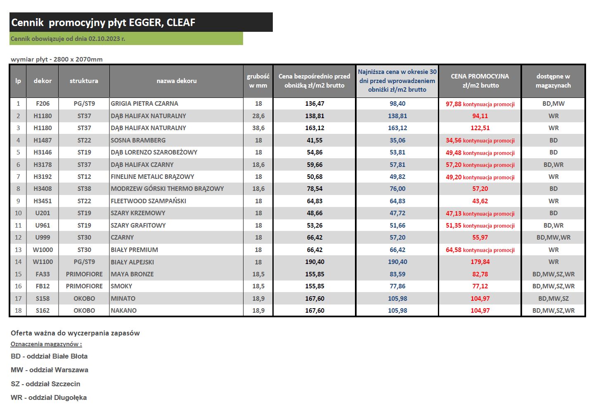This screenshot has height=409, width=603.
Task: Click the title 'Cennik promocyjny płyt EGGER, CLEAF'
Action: (103, 22)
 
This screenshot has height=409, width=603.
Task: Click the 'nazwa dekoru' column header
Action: (177, 81)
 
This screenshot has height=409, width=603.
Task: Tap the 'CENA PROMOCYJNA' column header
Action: (480, 76)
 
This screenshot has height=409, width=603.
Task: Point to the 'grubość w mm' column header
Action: (258, 81)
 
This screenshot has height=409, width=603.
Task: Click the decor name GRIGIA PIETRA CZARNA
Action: (144, 103)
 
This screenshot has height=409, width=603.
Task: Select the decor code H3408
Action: (43, 189)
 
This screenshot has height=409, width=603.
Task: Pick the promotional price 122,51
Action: (480, 128)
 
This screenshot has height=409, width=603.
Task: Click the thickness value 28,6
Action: (258, 116)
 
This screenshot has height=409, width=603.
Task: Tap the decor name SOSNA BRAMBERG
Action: (138, 140)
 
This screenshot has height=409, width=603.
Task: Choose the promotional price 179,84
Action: (480, 262)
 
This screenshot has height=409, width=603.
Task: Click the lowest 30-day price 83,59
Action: (397, 274)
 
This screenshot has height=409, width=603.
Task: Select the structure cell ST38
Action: (84, 189)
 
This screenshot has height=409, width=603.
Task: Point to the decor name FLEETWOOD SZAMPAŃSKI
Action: (148, 201)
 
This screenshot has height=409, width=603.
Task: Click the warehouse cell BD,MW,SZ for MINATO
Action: (553, 299)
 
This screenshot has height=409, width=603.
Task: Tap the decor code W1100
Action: (43, 262)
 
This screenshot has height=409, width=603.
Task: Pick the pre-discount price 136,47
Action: (315, 103)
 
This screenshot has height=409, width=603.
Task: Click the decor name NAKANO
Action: (123, 310)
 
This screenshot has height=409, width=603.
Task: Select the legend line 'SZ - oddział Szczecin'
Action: (45, 384)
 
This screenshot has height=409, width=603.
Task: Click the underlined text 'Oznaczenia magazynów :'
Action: (46, 344)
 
